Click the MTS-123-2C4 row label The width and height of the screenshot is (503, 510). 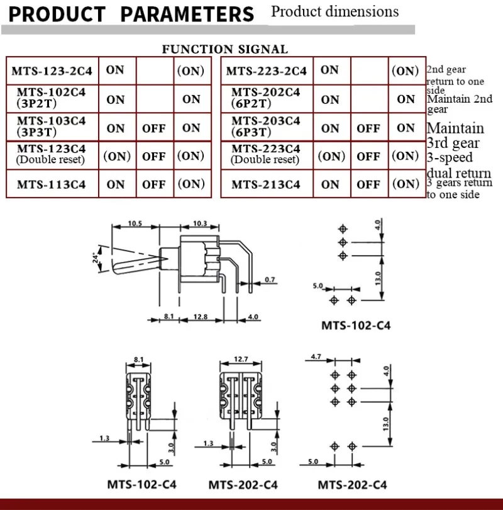coord(52,71)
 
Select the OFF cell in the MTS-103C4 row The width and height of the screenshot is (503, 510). coord(154,128)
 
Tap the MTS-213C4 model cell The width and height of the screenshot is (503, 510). coord(265,184)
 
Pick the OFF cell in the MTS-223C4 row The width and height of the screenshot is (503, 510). coord(368,156)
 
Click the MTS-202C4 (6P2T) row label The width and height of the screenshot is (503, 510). coord(265,98)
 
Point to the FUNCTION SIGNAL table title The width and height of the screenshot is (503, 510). coord(224,49)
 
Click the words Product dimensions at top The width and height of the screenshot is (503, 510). coord(334,12)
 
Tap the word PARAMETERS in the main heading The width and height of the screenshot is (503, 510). coord(187,14)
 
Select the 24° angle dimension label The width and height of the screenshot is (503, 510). coord(96,258)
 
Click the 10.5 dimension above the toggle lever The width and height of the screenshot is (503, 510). coord(135,224)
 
